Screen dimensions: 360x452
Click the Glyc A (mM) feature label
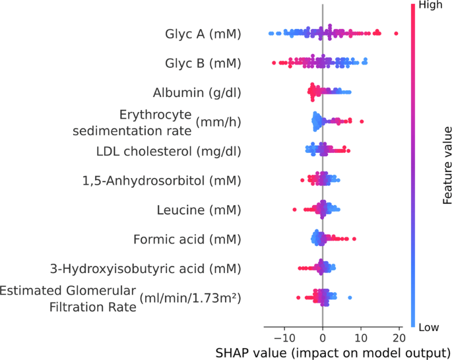tap(202, 33)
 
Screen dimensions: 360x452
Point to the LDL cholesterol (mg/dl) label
tap(168, 151)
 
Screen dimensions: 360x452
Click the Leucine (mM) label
tap(199, 210)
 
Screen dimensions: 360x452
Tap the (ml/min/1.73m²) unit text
tap(190, 298)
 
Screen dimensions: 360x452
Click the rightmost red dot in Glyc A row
tap(396, 33)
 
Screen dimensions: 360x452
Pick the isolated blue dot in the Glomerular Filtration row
tap(350, 298)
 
